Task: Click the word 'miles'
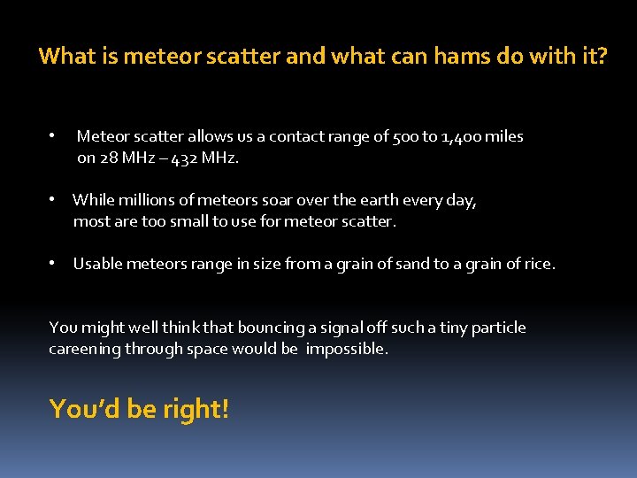point(504,136)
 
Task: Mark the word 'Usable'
point(98,263)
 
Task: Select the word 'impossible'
point(346,349)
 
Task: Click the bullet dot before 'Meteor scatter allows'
point(53,136)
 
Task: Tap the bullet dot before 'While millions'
point(53,200)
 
